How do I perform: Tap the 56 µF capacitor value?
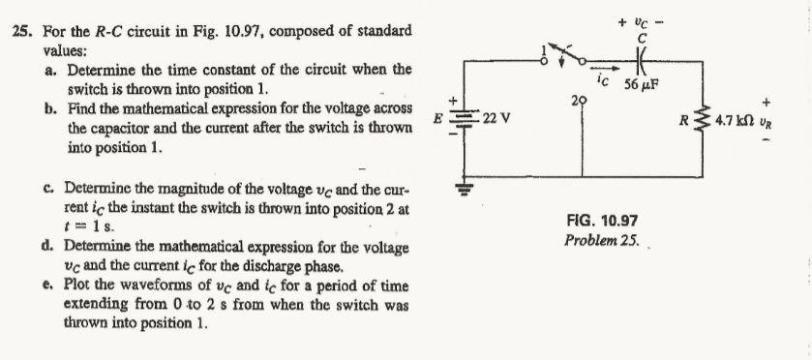click(x=642, y=83)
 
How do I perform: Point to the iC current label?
click(x=602, y=82)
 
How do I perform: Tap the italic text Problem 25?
click(x=595, y=239)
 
